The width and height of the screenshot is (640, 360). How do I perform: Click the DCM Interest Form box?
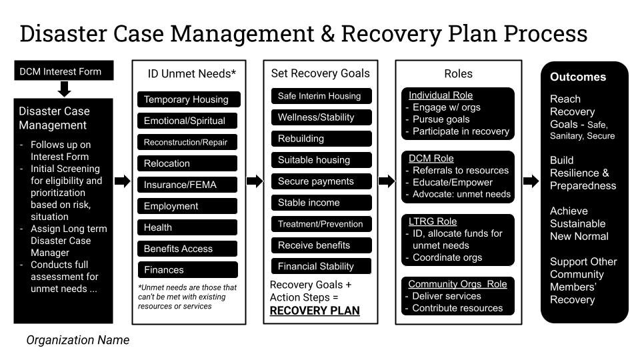coord(64,71)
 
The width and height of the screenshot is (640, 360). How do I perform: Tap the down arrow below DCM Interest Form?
coord(65,89)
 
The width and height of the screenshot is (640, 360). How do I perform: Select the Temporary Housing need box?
coord(187,99)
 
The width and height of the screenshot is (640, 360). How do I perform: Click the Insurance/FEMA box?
coord(187,185)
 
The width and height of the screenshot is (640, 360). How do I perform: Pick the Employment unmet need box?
coord(187,206)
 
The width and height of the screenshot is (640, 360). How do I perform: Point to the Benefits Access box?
coord(187,249)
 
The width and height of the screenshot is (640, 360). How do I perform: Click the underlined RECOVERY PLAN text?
coord(315,311)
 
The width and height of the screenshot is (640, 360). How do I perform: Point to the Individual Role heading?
coord(440,95)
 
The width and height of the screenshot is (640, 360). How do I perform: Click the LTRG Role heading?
coord(433,221)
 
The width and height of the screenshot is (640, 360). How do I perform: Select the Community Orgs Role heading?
coord(457,284)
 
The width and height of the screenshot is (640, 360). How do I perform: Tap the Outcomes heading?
coord(578,77)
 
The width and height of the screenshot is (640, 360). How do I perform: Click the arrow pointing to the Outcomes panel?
coord(531,181)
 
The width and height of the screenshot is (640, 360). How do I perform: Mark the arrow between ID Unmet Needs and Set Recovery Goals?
coord(255,181)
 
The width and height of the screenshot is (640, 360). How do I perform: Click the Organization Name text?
coord(78,340)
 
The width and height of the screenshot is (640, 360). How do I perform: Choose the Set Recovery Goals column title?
coord(320,73)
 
